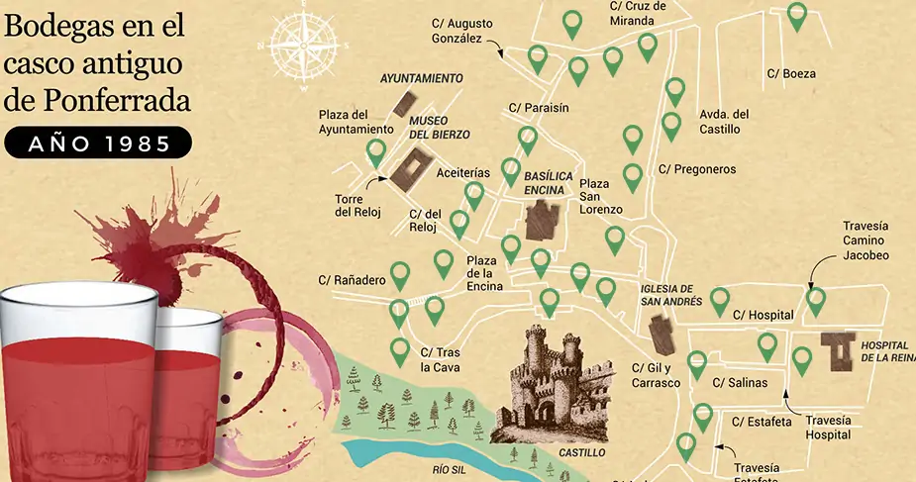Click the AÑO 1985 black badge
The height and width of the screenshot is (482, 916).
pyautogui.click(x=98, y=145)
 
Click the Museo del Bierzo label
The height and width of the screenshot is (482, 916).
pyautogui.click(x=440, y=127)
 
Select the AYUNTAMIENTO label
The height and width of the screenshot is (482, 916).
pyautogui.click(x=422, y=77)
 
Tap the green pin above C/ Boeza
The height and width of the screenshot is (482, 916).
pyautogui.click(x=797, y=15)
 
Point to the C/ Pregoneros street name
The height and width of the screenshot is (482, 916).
pyautogui.click(x=697, y=169)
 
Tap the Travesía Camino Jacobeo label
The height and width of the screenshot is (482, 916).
pyautogui.click(x=865, y=241)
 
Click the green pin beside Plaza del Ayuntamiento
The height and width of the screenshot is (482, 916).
pyautogui.click(x=376, y=152)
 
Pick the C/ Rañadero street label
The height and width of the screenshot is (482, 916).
pyautogui.click(x=352, y=280)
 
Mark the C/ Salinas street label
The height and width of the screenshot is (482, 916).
pyautogui.click(x=740, y=382)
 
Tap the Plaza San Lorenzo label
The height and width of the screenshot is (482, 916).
pyautogui.click(x=600, y=197)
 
